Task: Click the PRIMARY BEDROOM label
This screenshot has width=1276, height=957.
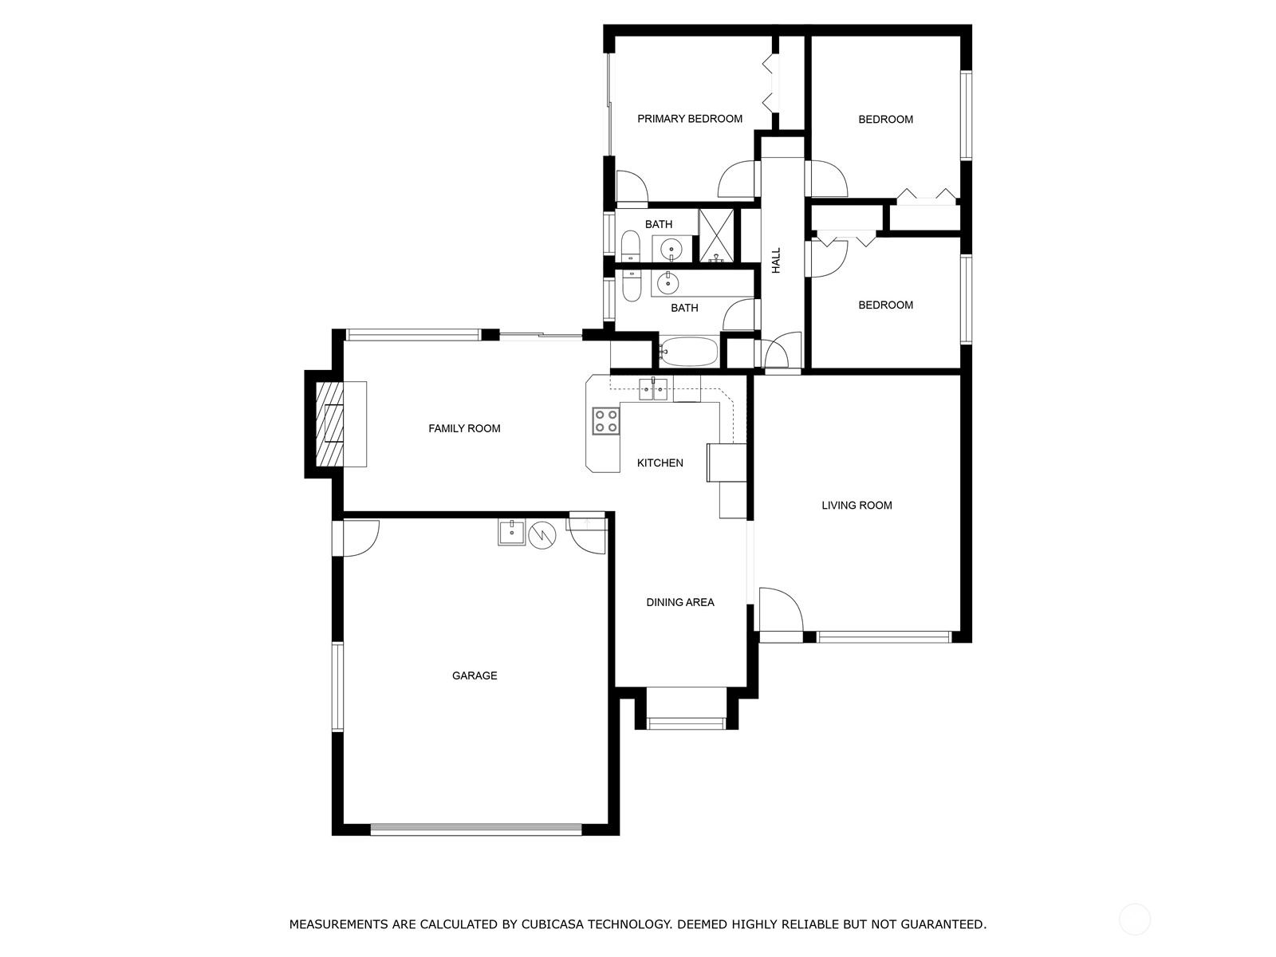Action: coord(690,119)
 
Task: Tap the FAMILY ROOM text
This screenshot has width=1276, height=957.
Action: coord(464,429)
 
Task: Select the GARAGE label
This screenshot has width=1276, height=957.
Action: coord(475,675)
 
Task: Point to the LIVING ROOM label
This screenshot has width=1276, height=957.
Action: coord(857,506)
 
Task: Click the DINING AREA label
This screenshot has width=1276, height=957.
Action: coord(680,603)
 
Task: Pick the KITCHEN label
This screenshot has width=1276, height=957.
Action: coord(660,463)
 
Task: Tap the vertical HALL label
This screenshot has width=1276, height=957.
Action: coord(776,260)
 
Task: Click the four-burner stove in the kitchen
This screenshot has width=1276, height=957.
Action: coord(606,421)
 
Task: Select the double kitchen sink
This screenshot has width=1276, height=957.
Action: coord(653,388)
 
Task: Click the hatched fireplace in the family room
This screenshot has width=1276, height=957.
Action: coord(329,423)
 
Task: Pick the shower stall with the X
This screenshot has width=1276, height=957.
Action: coord(716,235)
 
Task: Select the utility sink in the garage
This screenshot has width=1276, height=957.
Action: coord(511,532)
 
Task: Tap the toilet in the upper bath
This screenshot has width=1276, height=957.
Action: coord(629,246)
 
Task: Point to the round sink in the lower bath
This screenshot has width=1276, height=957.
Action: coord(668,284)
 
